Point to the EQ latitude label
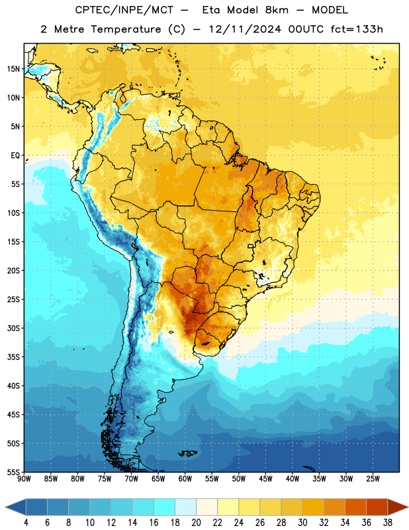click(15, 156)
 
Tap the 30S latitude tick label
click(14, 328)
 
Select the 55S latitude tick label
click(14, 472)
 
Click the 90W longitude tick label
click(24, 479)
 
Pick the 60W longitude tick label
click(185, 479)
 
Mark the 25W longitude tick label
click(373, 479)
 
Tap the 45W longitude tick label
click(265, 479)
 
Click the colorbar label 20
click(196, 523)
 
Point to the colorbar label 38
click(388, 523)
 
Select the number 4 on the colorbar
click(26, 523)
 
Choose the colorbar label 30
click(302, 523)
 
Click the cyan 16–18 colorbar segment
click(165, 507)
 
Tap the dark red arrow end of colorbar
click(397, 507)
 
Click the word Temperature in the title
click(126, 29)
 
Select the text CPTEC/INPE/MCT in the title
click(124, 10)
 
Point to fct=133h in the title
click(357, 29)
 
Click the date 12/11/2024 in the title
click(245, 29)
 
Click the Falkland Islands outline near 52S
click(187, 453)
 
